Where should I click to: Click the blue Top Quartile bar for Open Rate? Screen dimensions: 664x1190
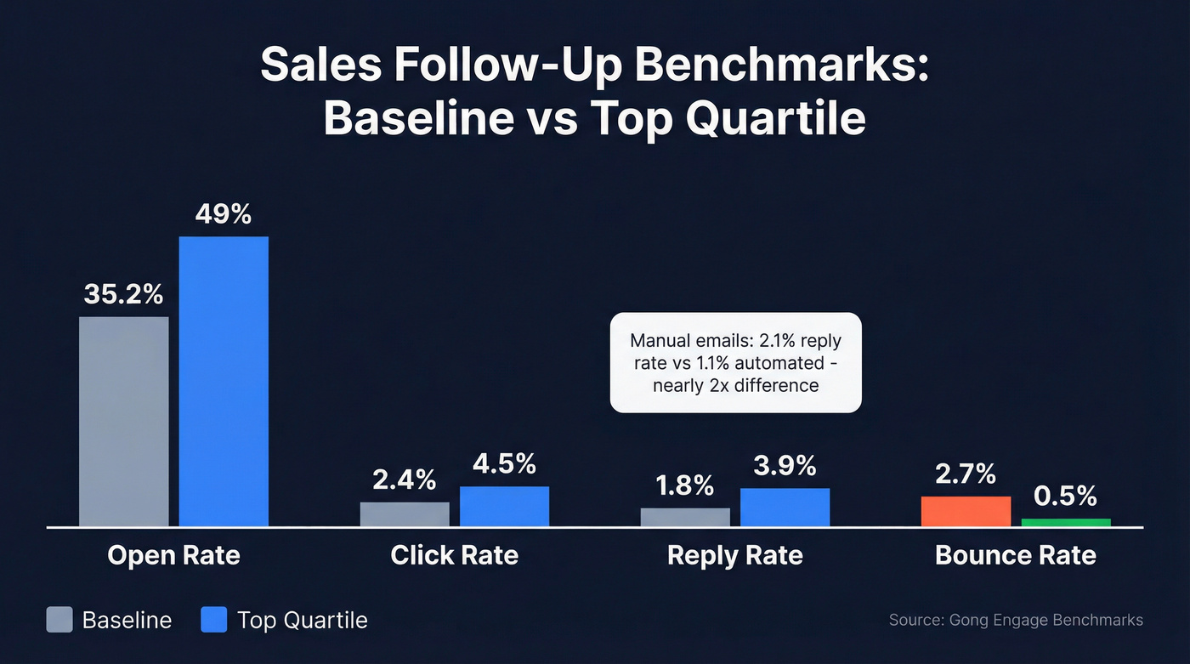click(224, 381)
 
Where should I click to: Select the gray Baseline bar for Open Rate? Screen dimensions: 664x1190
click(124, 421)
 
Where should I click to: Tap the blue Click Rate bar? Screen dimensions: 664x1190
click(504, 506)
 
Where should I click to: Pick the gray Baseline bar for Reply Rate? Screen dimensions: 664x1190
click(685, 517)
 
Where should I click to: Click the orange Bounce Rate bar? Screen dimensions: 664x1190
click(966, 511)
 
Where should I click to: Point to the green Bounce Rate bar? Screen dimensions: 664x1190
click(1066, 522)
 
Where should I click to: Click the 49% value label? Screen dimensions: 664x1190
click(224, 213)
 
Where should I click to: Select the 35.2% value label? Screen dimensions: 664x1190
click(124, 294)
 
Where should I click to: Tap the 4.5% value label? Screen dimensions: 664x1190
click(504, 463)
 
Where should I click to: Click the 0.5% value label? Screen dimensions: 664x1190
click(1066, 495)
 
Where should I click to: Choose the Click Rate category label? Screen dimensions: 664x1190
click(454, 555)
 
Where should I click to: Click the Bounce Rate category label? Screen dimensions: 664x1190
click(1015, 555)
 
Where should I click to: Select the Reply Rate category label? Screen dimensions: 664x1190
click(734, 555)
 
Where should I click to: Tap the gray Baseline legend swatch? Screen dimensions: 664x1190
click(59, 619)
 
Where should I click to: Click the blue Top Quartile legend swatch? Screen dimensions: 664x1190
click(214, 619)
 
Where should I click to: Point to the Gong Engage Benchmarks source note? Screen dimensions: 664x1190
click(1016, 619)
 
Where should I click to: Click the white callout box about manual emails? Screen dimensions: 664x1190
click(735, 362)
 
